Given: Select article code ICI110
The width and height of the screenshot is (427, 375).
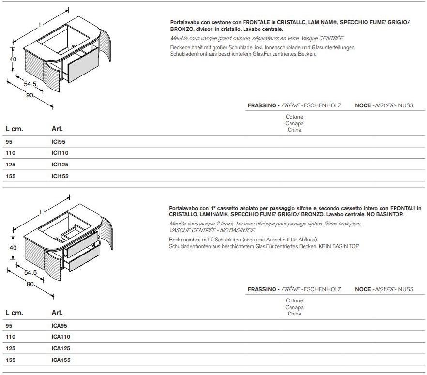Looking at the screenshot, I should point(60,153).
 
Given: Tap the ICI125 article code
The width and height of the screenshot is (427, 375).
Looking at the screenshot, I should point(60,165).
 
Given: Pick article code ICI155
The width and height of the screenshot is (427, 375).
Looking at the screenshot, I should point(60,176).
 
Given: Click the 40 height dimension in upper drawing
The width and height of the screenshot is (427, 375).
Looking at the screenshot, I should point(13,59).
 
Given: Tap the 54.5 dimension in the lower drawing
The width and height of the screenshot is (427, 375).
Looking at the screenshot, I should point(30,273).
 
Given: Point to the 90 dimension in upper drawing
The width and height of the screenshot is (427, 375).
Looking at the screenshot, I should point(30,95).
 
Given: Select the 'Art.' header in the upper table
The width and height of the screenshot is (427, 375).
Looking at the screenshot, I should point(57,129).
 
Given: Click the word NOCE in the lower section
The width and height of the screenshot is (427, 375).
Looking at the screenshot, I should point(363,289).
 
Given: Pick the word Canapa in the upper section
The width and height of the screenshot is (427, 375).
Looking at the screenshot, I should point(294,123).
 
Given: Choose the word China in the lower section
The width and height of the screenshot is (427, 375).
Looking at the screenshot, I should point(294,314).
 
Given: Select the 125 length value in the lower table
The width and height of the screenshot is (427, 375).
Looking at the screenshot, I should point(11,348).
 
